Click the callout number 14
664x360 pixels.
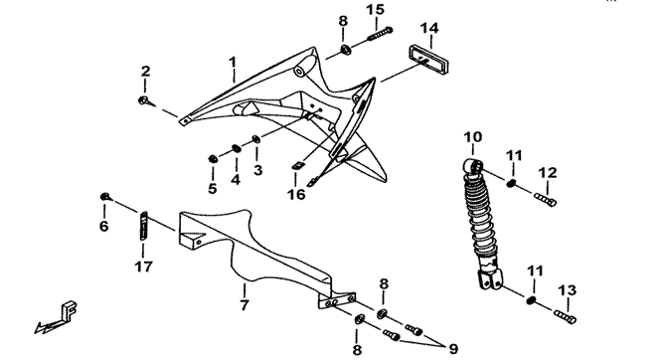pos(429,29)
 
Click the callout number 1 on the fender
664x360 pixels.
pos(233,63)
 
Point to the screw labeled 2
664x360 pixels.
pos(144,100)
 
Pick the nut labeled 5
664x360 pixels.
pos(213,159)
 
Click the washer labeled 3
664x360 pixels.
pos(255,139)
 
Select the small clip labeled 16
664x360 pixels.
pos(297,166)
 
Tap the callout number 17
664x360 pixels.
pos(143,267)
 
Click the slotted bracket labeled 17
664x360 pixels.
pos(143,226)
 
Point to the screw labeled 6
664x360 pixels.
pos(105,196)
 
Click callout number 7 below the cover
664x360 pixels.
pos(245,304)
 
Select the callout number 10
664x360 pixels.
pos(472,137)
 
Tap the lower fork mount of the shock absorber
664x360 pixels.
pos(490,279)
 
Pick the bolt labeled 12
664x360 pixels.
pos(546,199)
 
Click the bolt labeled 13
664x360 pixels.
pos(565,316)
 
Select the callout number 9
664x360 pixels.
pos(453,349)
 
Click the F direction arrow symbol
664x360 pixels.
pos(57,317)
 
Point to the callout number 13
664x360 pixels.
pos(567,290)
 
